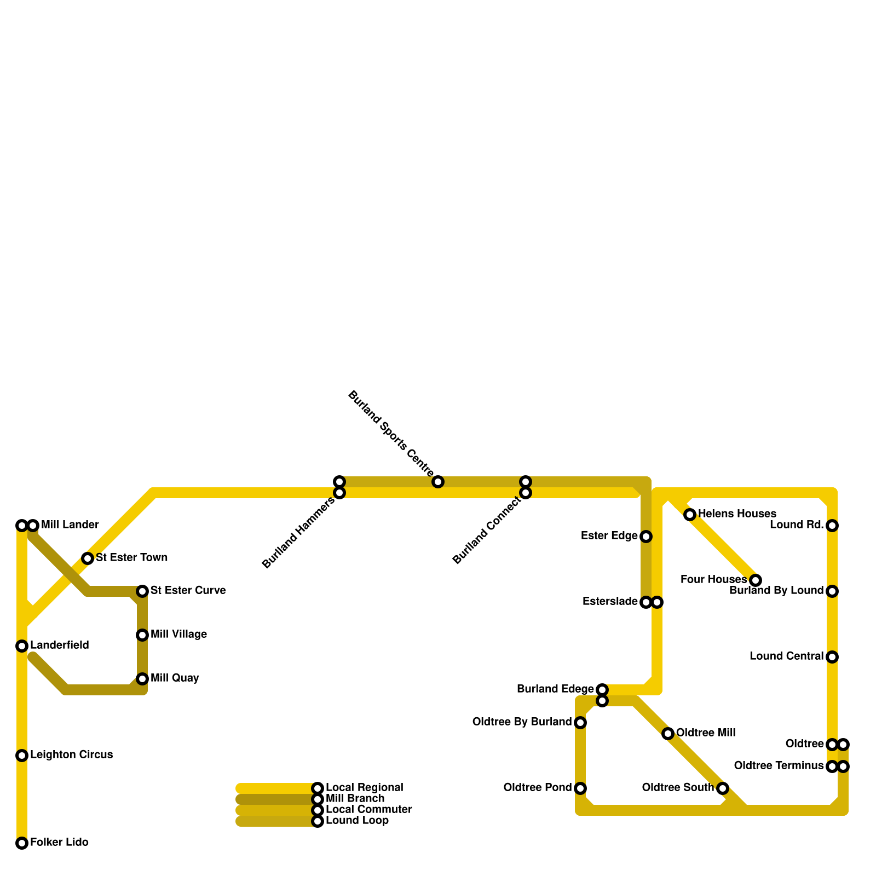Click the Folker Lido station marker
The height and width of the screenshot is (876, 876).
[x=22, y=843]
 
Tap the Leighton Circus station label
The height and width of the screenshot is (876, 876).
[x=71, y=755]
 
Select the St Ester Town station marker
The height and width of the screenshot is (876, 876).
[x=88, y=558]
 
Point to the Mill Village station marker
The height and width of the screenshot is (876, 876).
[x=142, y=635]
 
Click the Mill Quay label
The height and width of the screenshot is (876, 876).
[x=175, y=678]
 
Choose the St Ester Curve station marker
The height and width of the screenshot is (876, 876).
[x=142, y=591]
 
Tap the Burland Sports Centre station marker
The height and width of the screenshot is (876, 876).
[x=438, y=482]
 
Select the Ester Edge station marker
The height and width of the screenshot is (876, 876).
[x=646, y=537]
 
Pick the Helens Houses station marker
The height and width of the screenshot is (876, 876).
[x=690, y=515]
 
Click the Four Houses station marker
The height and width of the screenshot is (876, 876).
[x=756, y=580]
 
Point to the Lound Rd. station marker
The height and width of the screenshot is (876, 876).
[x=832, y=526]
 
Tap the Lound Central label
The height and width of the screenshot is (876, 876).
[x=786, y=656]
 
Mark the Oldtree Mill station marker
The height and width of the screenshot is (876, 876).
[x=668, y=734]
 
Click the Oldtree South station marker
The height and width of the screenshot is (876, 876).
[x=723, y=788]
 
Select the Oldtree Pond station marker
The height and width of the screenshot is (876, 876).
[x=580, y=788]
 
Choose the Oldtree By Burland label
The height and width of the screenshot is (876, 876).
[x=522, y=722]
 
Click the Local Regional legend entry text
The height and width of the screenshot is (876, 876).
[x=364, y=788]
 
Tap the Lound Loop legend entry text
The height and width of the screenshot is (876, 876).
[x=357, y=821]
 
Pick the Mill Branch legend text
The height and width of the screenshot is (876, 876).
[x=355, y=799]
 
